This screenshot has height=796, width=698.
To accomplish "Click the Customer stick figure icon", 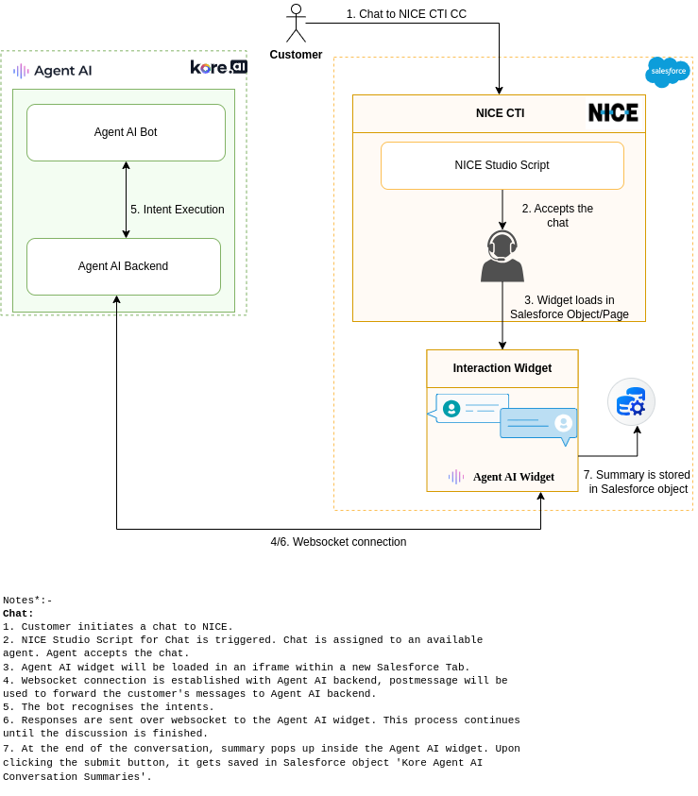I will (296, 24).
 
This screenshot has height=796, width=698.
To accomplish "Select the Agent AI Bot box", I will (126, 132).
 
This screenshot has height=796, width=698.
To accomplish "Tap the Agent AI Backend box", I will (123, 266).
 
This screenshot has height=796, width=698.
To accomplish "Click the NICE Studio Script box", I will (502, 165).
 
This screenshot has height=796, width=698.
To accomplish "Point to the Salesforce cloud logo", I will (667, 72).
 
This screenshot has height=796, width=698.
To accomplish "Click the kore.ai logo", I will (218, 67).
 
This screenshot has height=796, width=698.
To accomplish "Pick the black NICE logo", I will (613, 112).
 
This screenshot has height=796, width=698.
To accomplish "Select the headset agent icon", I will (502, 257).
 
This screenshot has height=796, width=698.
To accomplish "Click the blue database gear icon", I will (631, 402).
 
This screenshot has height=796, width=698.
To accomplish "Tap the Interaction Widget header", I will (502, 368).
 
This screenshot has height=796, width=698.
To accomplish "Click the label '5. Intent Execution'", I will (178, 210).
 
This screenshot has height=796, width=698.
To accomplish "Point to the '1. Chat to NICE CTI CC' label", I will (406, 14).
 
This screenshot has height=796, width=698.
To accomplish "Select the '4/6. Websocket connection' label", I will (338, 542).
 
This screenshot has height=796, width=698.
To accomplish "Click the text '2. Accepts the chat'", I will (557, 215).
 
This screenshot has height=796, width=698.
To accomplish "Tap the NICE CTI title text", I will (500, 113).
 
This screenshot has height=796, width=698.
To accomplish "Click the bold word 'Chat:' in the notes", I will (18, 614).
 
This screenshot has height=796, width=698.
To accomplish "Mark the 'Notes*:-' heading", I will (27, 601).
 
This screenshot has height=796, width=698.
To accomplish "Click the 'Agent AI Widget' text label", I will (513, 477).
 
